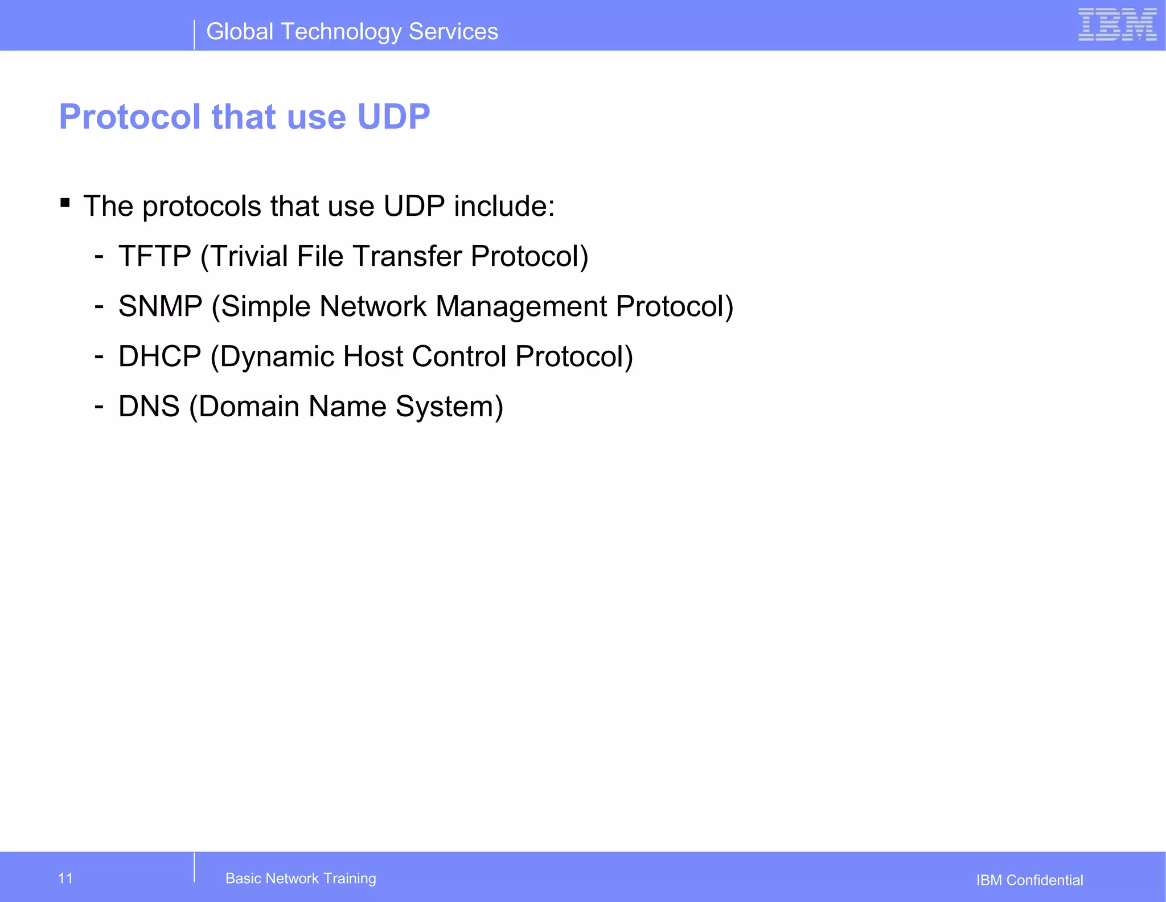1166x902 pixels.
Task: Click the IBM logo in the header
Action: (x=1117, y=25)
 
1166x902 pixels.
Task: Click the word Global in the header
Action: (x=240, y=32)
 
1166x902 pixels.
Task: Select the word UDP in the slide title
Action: (x=393, y=117)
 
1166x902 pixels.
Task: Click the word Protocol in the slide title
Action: (x=130, y=117)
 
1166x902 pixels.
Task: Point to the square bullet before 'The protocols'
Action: (x=65, y=203)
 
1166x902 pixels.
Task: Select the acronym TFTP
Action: (x=155, y=256)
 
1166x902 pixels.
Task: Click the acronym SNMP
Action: (x=161, y=306)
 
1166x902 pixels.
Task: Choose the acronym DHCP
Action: (x=160, y=356)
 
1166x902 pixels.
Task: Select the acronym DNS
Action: (x=149, y=407)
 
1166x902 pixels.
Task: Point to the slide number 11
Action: (x=65, y=878)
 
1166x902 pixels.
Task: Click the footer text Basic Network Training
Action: (x=301, y=878)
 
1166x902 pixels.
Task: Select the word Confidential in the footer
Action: (x=1045, y=880)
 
